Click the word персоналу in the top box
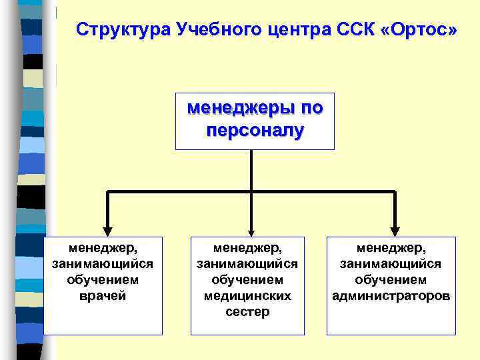(x=255, y=129)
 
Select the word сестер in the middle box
(x=247, y=311)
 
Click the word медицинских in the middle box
(x=247, y=295)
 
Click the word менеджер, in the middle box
(x=247, y=247)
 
